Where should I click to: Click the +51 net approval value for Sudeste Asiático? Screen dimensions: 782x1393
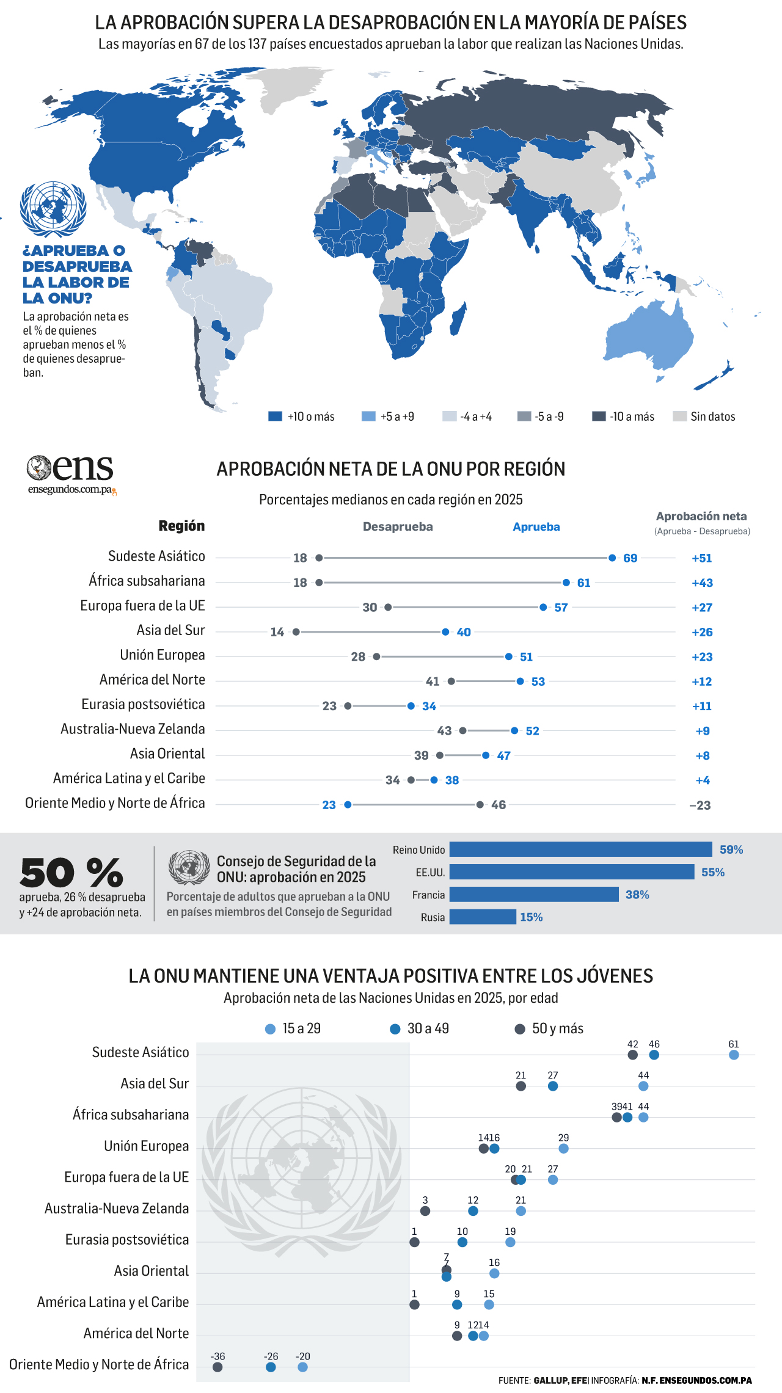(x=702, y=558)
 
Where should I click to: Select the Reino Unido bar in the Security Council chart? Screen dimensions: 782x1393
(x=581, y=849)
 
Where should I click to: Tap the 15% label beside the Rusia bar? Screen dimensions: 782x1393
(x=532, y=917)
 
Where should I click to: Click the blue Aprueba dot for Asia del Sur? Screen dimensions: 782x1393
(x=445, y=632)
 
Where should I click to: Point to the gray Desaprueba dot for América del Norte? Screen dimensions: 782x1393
(x=451, y=681)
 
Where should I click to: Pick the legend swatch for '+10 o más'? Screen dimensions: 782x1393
(x=275, y=416)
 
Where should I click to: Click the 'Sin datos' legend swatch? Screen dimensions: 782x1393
(x=679, y=416)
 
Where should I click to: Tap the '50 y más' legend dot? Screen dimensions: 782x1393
(x=520, y=1029)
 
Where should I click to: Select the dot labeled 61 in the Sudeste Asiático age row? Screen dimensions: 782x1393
(x=734, y=1055)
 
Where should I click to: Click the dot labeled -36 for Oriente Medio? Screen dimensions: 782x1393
(x=217, y=1367)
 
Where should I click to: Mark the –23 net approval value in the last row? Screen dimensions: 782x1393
(x=700, y=805)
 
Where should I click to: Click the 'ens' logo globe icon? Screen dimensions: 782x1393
(x=38, y=468)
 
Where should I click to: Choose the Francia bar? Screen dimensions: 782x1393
(x=534, y=895)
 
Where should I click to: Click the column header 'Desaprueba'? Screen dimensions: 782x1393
(x=398, y=526)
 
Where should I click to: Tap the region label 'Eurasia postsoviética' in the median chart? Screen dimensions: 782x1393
(x=143, y=704)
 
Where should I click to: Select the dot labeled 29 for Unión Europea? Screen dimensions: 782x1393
(x=563, y=1149)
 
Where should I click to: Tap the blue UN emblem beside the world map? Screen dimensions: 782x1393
(x=53, y=209)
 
